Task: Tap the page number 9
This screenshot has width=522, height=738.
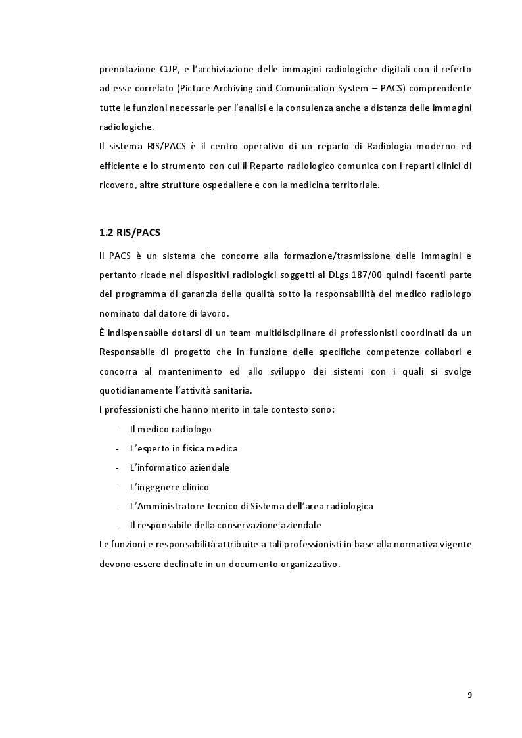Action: pyautogui.click(x=469, y=695)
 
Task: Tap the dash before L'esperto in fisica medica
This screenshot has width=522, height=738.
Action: pyautogui.click(x=116, y=448)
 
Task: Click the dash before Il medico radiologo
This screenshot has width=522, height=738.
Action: pyautogui.click(x=116, y=429)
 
